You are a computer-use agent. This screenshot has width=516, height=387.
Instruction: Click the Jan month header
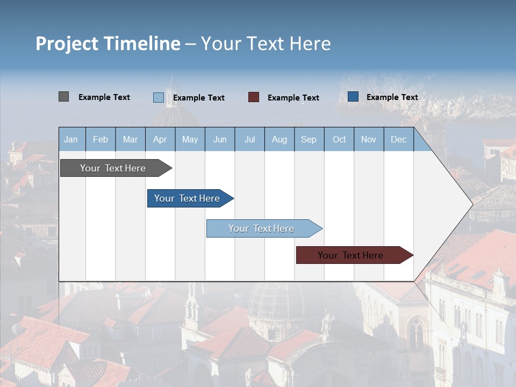[x=71, y=139]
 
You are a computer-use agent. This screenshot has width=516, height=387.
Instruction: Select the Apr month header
[x=160, y=139]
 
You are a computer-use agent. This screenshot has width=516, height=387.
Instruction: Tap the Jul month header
[x=249, y=139]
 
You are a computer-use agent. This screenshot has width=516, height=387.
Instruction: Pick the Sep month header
[x=309, y=139]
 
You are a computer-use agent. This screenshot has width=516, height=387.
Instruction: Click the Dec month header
[x=398, y=139]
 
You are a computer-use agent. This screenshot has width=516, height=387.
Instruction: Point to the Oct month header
[x=339, y=139]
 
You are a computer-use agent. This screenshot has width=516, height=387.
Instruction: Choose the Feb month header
[x=101, y=139]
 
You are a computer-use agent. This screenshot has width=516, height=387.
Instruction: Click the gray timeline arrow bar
[x=113, y=168]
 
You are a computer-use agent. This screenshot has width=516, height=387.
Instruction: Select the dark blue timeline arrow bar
[x=187, y=198]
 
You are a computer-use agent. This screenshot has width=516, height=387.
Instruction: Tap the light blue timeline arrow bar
[x=261, y=228]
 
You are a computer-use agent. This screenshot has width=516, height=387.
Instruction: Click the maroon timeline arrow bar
[x=350, y=255]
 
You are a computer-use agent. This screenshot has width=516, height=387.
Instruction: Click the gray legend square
[x=63, y=97]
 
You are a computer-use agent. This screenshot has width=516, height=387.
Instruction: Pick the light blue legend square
[x=158, y=97]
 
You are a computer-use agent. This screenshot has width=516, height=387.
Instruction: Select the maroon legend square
[x=254, y=97]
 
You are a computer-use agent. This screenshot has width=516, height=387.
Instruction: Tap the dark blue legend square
[x=353, y=97]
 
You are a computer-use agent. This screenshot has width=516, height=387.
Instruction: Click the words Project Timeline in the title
[x=107, y=44]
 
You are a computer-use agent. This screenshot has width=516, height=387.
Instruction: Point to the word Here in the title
[x=309, y=44]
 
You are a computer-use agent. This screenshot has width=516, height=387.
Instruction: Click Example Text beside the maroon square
[x=293, y=98]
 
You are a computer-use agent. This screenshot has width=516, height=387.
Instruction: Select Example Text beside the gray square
[x=104, y=97]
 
